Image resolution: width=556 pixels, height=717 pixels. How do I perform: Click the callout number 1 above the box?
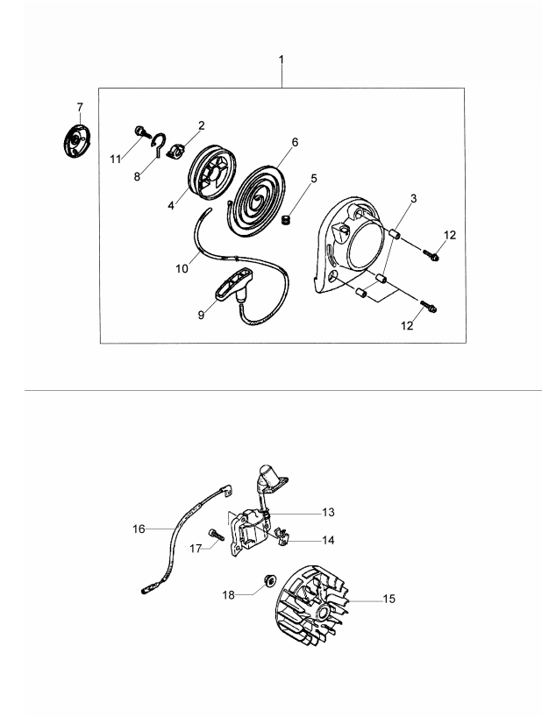[282, 60]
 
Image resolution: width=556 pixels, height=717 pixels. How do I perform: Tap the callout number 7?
[80, 108]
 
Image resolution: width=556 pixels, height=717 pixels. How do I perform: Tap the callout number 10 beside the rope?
[182, 269]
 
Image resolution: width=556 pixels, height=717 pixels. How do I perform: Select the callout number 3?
[413, 199]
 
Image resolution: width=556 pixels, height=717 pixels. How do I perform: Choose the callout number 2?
[201, 125]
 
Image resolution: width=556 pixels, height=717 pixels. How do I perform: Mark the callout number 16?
[139, 529]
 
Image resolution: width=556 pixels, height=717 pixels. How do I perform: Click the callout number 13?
[328, 511]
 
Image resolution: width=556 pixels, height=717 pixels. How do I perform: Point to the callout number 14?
[328, 540]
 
